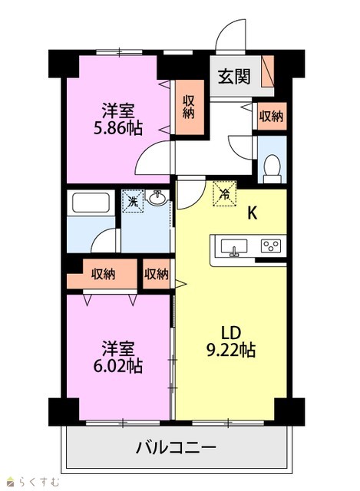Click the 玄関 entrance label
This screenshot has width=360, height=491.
pos(234,77)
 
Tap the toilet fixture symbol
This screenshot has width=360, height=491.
pos(272,169)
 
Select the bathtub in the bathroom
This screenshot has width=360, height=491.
pos(91,203)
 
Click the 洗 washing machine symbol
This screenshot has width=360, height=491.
pos(133,201)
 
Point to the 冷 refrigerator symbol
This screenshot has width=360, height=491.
pos(224,193)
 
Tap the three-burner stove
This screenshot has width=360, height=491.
pos(271,246)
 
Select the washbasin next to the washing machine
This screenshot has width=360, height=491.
pos(157,198)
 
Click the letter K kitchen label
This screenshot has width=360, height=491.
pos(253,213)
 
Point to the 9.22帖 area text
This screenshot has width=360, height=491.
pos(231,350)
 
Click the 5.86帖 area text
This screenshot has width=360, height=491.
pos(118,128)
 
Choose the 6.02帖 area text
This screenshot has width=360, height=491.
pos(118,365)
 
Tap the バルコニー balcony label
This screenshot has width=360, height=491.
pos(176,448)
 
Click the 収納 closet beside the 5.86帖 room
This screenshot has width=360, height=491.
pos(190,107)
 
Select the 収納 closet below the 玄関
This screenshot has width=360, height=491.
pos(272,116)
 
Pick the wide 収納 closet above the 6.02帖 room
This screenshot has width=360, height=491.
pos(102,275)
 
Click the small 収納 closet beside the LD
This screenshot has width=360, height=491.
pos(157,275)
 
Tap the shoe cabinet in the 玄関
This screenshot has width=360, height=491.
pos(268,71)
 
